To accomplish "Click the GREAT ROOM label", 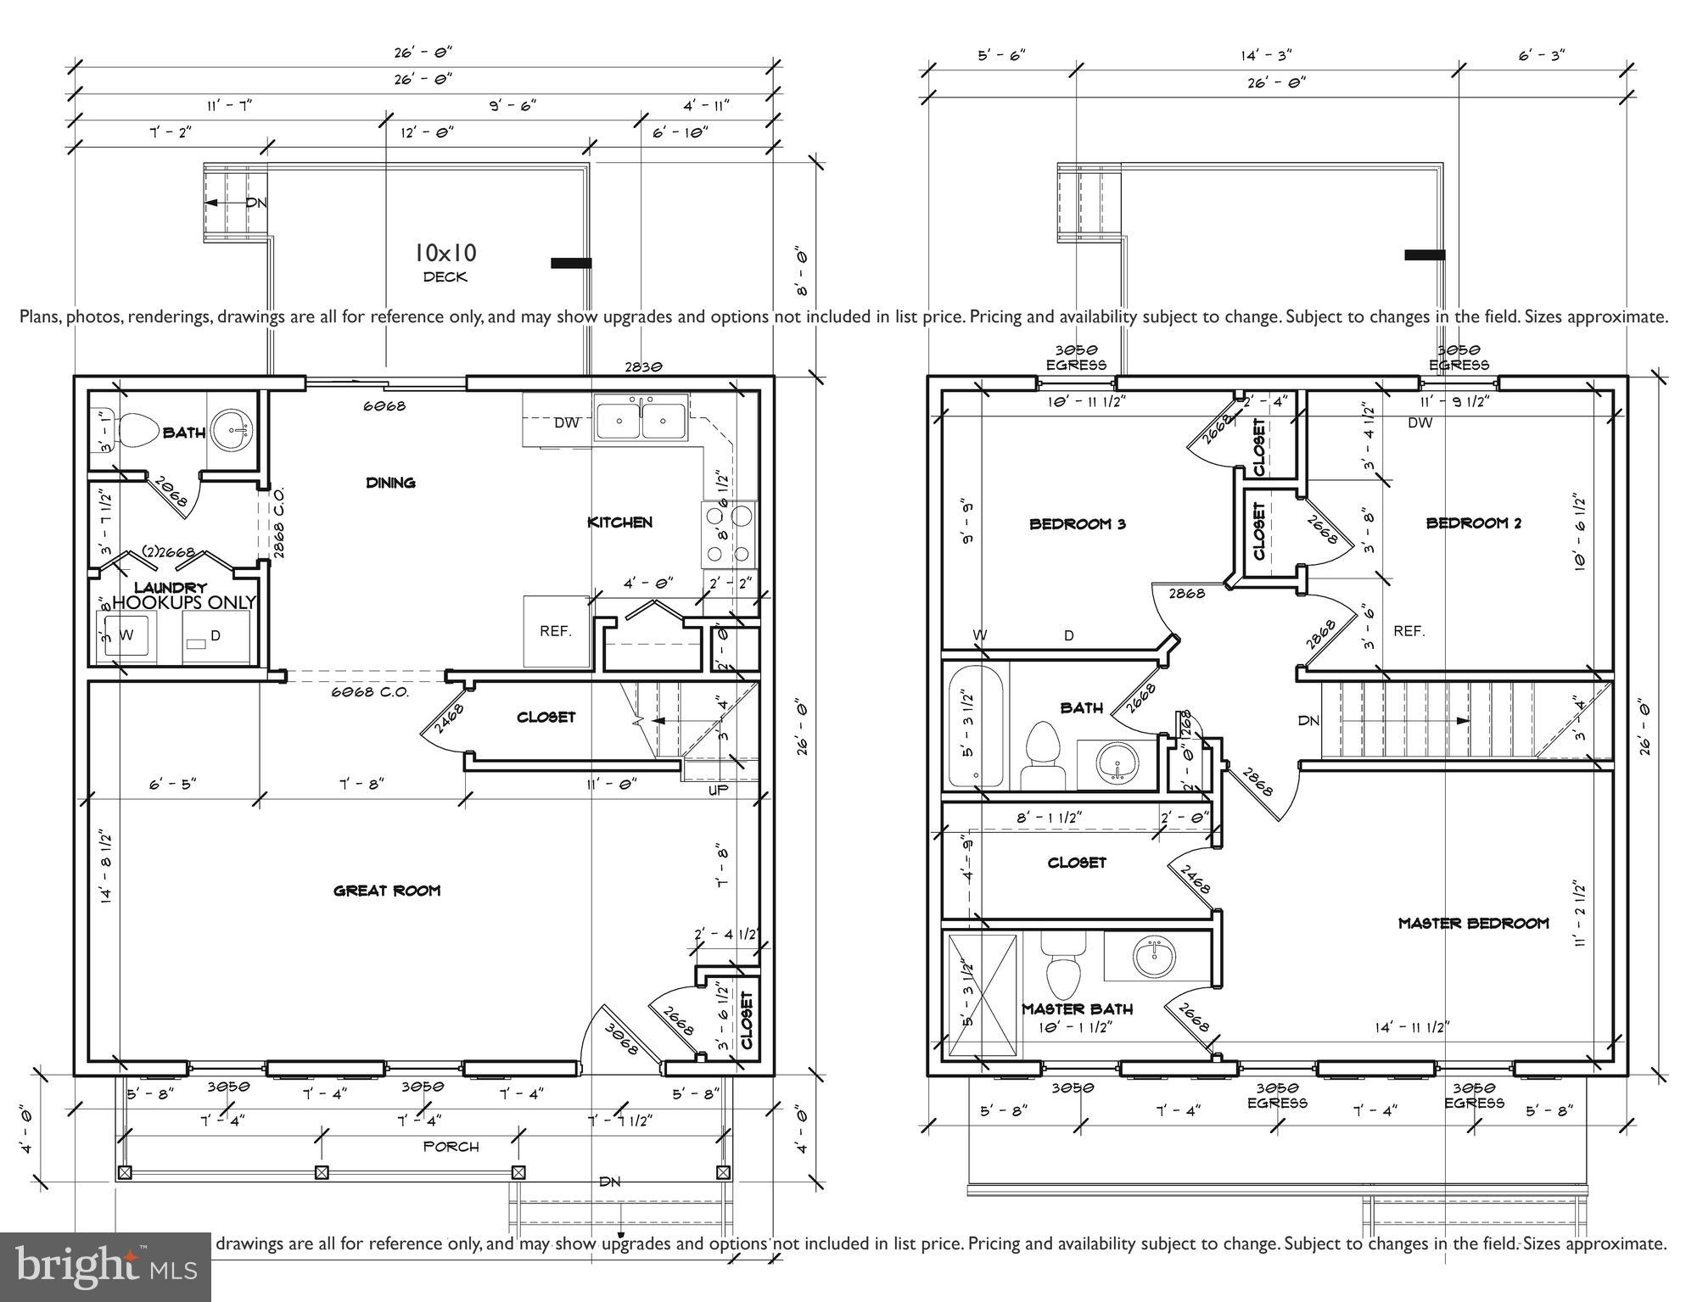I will tap(387, 891).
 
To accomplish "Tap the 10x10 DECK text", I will tap(445, 262).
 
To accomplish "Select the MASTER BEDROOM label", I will tap(1473, 923).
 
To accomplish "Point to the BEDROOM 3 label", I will tap(1077, 524).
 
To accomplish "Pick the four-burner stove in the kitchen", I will tap(729, 534).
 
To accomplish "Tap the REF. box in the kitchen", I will tap(556, 632).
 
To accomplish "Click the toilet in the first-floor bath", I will tap(141, 431).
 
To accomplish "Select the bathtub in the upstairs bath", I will tap(976, 728).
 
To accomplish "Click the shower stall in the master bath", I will tap(982, 994).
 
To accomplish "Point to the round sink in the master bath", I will tap(1154, 957).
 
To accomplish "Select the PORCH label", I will tap(451, 1147).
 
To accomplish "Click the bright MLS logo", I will tap(105, 1266).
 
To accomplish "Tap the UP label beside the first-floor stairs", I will tap(719, 790).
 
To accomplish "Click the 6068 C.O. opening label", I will tap(369, 692).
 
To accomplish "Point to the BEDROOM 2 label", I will tap(1473, 523).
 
